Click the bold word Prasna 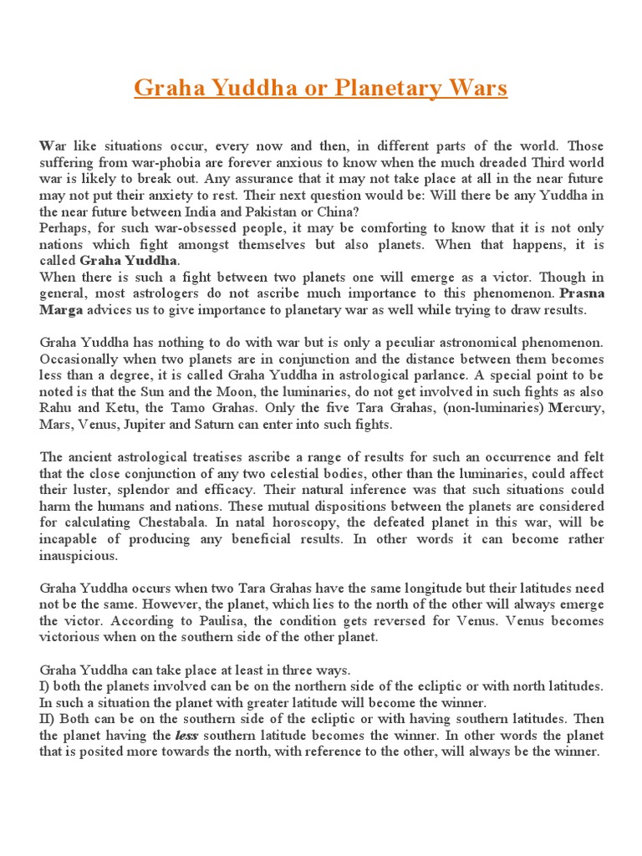point(582,293)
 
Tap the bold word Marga point(61,310)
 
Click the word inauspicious point(79,556)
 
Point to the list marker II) point(48,719)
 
